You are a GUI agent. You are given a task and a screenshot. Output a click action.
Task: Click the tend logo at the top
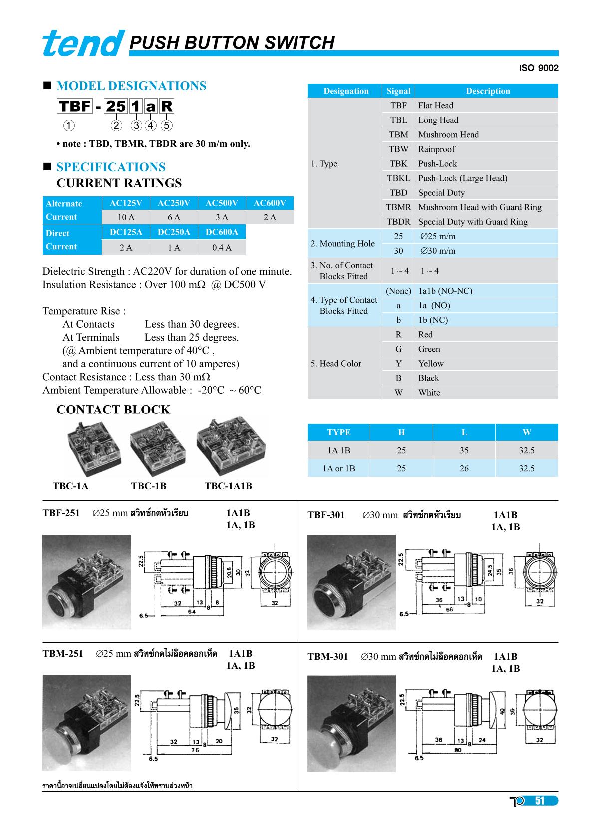pos(83,44)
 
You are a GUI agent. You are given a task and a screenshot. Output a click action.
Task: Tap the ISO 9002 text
pos(539,68)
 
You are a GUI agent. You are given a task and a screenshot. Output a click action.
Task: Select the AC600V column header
pos(270,203)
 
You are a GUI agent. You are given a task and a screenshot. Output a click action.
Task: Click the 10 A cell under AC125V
pos(126,217)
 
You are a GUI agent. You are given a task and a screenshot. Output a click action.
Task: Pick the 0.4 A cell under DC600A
pos(222,247)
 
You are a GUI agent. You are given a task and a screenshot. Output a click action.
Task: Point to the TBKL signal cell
pos(398,178)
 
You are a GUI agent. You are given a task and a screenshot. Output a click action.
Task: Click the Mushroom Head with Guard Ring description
pos(479,207)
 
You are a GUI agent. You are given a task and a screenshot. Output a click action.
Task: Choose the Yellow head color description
pos(431,364)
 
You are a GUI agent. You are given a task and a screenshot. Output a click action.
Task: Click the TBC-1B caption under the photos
pos(148,486)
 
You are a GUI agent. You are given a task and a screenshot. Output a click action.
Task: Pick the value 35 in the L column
pos(464,450)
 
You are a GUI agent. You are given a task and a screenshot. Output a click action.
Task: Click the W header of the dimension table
pos(526,432)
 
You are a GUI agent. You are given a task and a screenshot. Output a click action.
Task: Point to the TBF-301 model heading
pos(326,515)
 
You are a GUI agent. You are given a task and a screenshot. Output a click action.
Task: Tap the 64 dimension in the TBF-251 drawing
pos(192,611)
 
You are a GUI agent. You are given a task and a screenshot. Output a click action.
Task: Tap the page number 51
pos(539,801)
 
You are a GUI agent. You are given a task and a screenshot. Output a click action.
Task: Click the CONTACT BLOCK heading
pos(113,410)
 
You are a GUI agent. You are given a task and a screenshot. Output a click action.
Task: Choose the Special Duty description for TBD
pos(441,193)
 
